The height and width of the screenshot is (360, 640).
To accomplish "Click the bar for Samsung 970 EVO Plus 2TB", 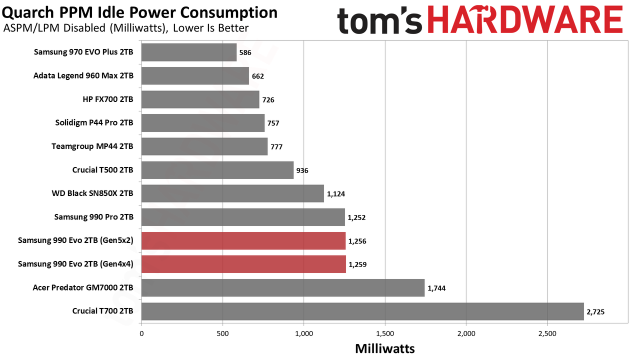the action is pyautogui.click(x=189, y=52).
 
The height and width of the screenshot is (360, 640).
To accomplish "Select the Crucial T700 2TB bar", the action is pyautogui.click(x=362, y=311).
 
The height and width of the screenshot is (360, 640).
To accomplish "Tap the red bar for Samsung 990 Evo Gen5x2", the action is pyautogui.click(x=243, y=241).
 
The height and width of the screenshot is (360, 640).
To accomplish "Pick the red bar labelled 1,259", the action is pyautogui.click(x=243, y=264).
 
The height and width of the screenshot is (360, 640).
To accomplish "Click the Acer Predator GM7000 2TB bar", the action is pyautogui.click(x=283, y=287).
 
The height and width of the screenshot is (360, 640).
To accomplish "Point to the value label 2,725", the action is pyautogui.click(x=595, y=311).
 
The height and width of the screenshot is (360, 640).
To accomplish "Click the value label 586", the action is pyautogui.click(x=245, y=52).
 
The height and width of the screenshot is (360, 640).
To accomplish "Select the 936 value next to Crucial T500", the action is pyautogui.click(x=302, y=170).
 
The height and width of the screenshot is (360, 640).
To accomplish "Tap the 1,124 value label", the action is pyautogui.click(x=336, y=194).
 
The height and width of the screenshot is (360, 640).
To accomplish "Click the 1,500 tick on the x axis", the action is pyautogui.click(x=385, y=333).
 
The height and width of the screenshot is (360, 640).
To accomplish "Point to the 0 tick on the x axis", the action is pyautogui.click(x=141, y=333).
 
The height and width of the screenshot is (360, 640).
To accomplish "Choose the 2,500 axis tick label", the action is pyautogui.click(x=547, y=333).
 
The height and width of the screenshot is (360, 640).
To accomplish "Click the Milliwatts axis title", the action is pyautogui.click(x=385, y=349).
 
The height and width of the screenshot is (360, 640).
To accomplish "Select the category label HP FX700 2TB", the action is pyautogui.click(x=108, y=99).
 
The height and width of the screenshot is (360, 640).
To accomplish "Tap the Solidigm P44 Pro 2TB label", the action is pyautogui.click(x=94, y=123).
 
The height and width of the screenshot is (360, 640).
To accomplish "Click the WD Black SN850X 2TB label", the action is pyautogui.click(x=92, y=193).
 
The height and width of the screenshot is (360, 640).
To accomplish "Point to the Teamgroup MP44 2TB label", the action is pyautogui.click(x=92, y=146).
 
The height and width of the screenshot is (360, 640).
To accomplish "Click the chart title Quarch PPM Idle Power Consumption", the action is pyautogui.click(x=139, y=12).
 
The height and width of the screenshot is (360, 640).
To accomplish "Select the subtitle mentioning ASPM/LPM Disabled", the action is pyautogui.click(x=126, y=28).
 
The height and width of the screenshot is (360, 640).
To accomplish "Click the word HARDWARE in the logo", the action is pyautogui.click(x=525, y=20).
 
